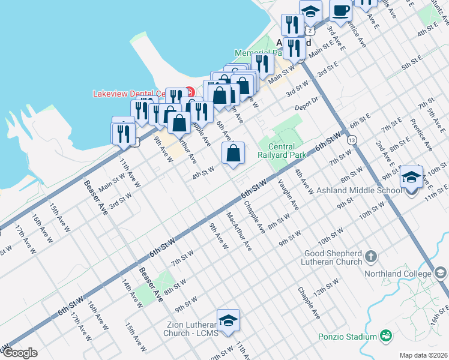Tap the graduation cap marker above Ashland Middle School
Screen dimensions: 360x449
[x=411, y=178]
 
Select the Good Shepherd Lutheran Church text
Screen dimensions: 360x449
[x=333, y=257]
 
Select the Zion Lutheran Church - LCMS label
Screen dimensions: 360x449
[x=190, y=329]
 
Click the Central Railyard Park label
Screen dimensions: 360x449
[x=277, y=151]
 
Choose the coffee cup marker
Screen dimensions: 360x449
[x=341, y=11]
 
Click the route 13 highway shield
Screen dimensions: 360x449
[x=352, y=139]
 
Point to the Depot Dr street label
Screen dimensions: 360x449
[x=306, y=107]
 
